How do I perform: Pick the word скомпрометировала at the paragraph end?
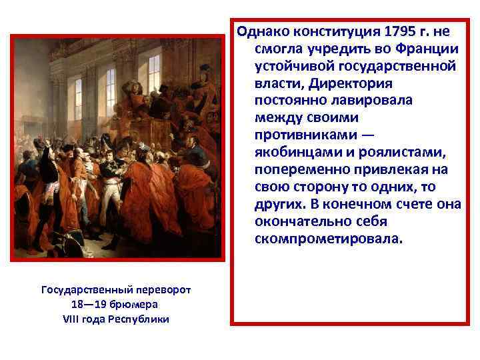point(329,238)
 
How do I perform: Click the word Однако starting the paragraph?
point(264,31)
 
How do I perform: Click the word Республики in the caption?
point(139,319)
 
